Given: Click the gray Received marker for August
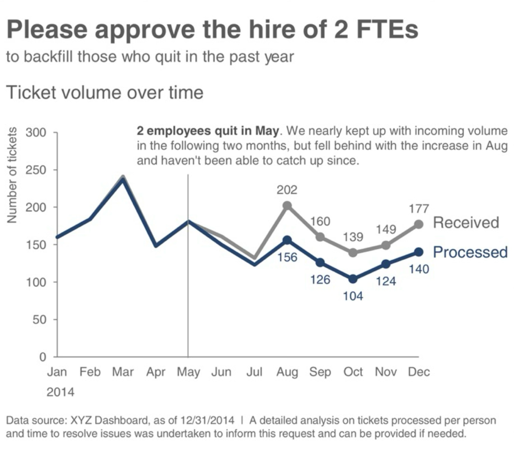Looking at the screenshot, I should pyautogui.click(x=287, y=206).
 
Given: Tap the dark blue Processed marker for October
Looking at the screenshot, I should pyautogui.click(x=353, y=279).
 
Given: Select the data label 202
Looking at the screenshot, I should pyautogui.click(x=287, y=190).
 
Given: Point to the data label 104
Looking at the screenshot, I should pyautogui.click(x=353, y=296).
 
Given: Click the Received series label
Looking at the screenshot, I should pyautogui.click(x=466, y=223).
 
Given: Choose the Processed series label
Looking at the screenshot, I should pyautogui.click(x=470, y=252).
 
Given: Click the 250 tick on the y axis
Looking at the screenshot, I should pyautogui.click(x=36, y=170).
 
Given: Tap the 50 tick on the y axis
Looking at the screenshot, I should pyautogui.click(x=39, y=320).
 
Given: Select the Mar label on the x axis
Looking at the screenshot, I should pyautogui.click(x=123, y=372).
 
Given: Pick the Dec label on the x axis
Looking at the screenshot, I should pyautogui.click(x=419, y=372).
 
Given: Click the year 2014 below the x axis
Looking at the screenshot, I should pyautogui.click(x=60, y=392).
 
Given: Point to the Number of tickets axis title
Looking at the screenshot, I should pyautogui.click(x=12, y=175).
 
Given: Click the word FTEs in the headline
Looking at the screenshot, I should pyautogui.click(x=387, y=29).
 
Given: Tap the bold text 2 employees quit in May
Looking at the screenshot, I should pyautogui.click(x=208, y=131).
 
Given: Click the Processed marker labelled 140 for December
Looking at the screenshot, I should pyautogui.click(x=419, y=252).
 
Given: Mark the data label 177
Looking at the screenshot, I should pyautogui.click(x=419, y=209).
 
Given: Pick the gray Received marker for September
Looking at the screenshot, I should pyautogui.click(x=320, y=237).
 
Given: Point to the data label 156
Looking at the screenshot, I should pyautogui.click(x=287, y=257).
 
